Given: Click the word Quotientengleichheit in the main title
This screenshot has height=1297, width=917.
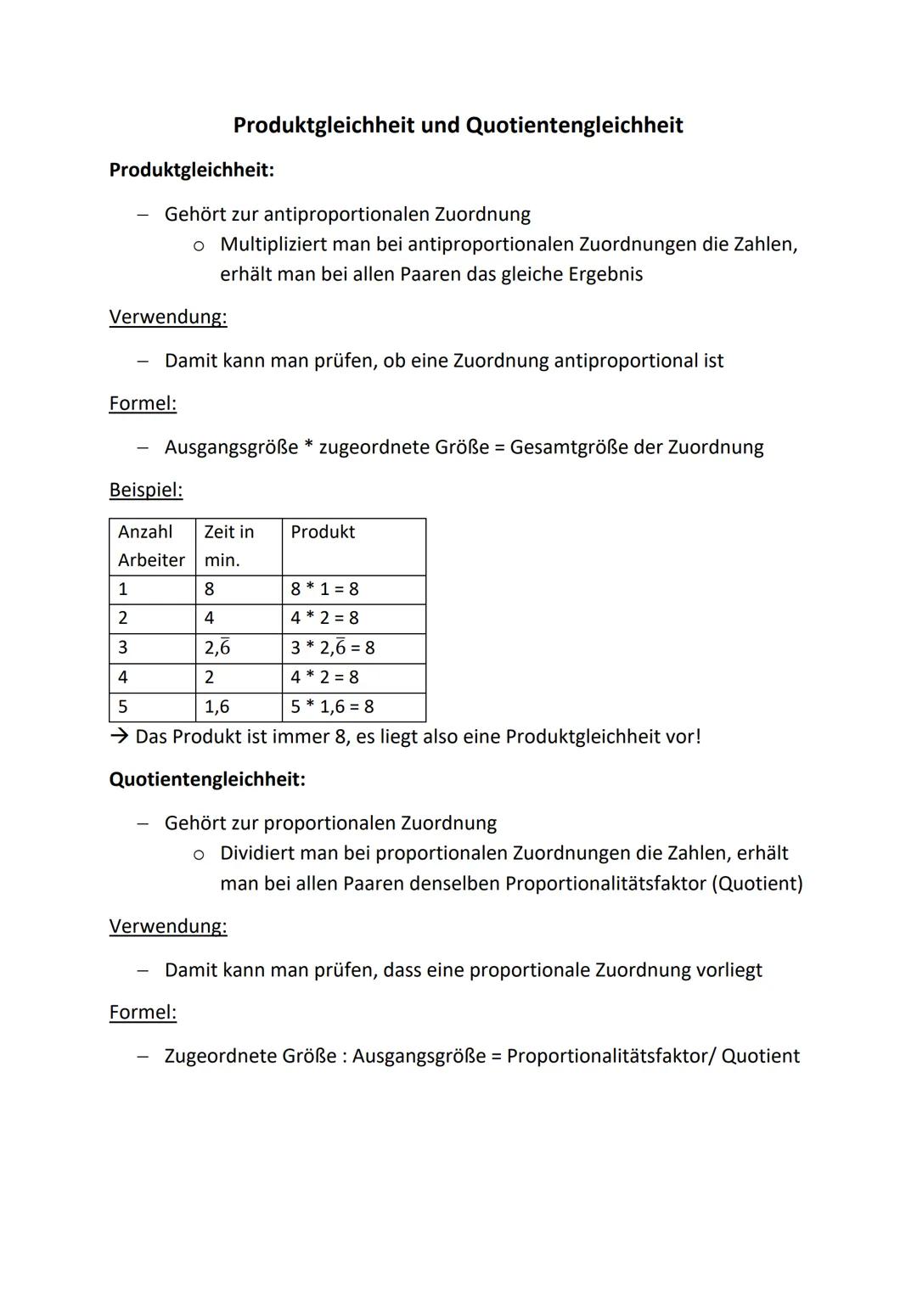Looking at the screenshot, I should coord(574,126).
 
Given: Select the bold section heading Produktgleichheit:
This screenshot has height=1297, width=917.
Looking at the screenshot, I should coord(191,170).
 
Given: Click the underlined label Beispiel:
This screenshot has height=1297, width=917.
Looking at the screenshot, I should coord(145,490).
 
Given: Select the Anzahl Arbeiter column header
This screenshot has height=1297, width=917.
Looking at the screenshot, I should coord(151,546).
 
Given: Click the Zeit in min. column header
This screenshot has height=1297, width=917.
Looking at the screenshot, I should coord(229,546).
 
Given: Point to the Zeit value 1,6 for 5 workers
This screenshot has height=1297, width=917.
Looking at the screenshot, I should coord(217,706).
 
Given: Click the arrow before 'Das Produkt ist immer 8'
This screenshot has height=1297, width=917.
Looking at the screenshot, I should coord(119,736).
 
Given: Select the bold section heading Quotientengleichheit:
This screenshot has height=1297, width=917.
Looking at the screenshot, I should coord(207,779).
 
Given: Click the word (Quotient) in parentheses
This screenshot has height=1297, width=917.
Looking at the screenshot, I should coord(757,884).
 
